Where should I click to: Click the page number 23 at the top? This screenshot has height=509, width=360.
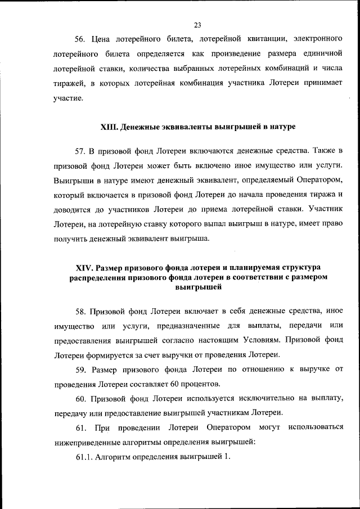click(x=197, y=25)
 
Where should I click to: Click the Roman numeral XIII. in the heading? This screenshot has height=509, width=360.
click(x=109, y=127)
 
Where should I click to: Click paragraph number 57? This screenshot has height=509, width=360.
click(x=79, y=152)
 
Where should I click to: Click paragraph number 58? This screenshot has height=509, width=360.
click(x=79, y=311)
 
